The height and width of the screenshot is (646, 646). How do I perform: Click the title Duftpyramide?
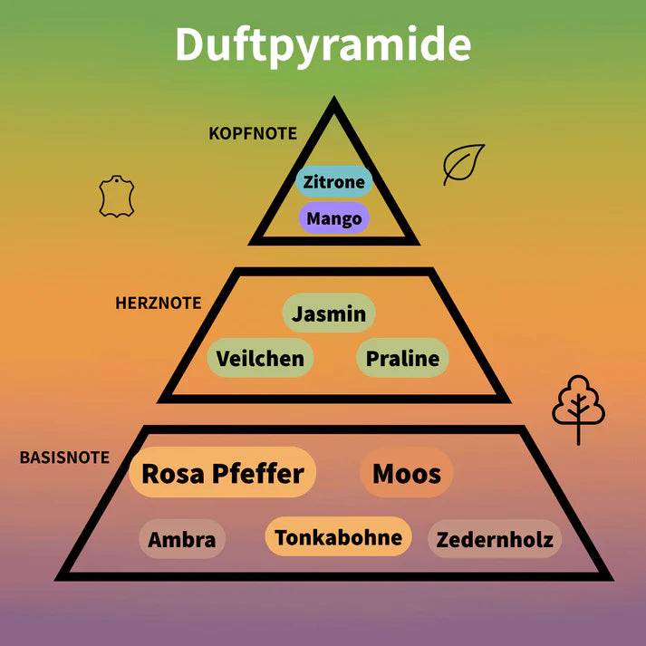point(323,44)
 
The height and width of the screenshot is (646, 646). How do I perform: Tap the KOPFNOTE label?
point(253,133)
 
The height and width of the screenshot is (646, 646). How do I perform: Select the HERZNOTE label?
point(159,303)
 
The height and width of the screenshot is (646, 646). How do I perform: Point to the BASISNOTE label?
point(64,457)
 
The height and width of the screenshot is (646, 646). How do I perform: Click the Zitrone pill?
point(334,181)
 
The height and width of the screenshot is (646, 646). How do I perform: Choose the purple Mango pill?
point(334,218)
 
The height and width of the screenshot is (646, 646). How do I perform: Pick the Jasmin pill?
point(329,313)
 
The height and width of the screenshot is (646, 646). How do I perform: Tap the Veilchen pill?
point(260,359)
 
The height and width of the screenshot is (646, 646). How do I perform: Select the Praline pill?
point(402,359)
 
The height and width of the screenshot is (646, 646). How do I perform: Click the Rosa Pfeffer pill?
point(223,473)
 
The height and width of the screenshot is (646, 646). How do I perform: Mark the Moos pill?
point(407,472)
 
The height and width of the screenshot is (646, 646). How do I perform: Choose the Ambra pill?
point(182,540)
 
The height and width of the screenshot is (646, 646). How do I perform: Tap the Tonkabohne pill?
point(338,537)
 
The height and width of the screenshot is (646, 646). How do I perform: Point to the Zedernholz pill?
point(495,540)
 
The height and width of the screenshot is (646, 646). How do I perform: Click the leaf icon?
point(463,164)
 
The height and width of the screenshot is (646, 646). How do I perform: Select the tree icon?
point(578,406)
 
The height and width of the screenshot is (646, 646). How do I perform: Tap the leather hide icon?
point(117,198)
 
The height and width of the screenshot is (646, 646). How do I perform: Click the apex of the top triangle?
point(334,103)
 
